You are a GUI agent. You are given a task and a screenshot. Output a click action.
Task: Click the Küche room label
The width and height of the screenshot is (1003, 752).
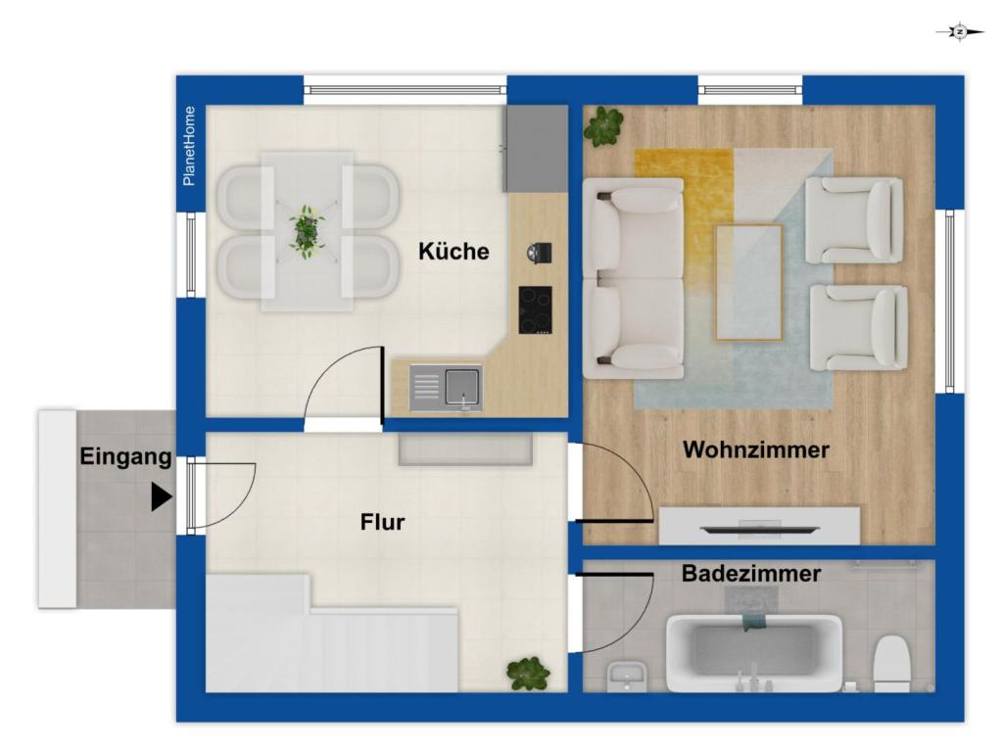click(x=454, y=252)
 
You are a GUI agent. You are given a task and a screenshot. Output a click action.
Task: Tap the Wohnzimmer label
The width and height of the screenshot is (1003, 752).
click(x=755, y=449)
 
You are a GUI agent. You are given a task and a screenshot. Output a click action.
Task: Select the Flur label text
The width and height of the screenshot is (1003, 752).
click(x=383, y=522)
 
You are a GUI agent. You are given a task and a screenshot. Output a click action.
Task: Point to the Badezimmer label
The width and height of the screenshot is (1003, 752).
click(x=751, y=573)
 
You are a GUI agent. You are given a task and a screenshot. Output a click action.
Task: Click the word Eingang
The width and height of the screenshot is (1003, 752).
click(x=125, y=456)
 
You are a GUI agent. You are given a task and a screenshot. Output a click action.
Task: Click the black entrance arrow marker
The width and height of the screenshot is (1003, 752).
click(x=162, y=496)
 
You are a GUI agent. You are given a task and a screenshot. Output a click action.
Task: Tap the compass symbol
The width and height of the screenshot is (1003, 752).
click(x=960, y=31)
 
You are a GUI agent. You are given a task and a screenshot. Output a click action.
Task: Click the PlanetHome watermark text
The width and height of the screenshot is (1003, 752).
click(x=189, y=147)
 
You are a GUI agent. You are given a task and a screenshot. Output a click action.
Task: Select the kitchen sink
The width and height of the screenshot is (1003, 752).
click(x=446, y=388)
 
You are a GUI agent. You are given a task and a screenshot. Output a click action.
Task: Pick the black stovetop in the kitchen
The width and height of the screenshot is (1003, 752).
click(x=535, y=310)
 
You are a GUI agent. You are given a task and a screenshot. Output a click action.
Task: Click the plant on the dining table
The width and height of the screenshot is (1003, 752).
click(x=307, y=231)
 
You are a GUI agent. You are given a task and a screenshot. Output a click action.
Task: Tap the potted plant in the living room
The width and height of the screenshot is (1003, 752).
click(x=603, y=126)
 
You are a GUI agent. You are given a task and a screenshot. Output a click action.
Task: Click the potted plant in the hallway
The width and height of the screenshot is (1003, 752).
click(x=528, y=674)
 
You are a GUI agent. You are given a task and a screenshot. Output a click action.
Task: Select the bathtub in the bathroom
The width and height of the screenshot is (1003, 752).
click(x=753, y=653)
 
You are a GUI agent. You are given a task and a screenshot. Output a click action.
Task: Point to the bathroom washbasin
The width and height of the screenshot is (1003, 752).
click(x=627, y=677)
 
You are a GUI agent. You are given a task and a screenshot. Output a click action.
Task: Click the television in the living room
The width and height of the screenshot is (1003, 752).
click(x=759, y=529)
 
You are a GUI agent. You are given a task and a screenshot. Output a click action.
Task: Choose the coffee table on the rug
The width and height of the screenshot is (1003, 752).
click(x=748, y=282)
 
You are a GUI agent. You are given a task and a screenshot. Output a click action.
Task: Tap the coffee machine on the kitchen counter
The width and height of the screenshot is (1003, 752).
click(x=539, y=253)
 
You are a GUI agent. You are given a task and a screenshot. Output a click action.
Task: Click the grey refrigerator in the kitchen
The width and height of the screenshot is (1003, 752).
click(x=536, y=149)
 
